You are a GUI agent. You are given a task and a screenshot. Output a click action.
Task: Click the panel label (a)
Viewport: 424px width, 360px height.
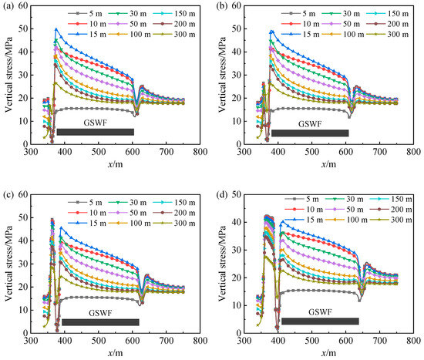pyautogui.click(x=8, y=6)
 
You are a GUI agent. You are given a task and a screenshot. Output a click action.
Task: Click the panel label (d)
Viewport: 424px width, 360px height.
pyautogui.click(x=222, y=195)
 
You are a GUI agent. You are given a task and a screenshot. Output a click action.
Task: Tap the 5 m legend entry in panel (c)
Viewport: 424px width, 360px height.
pyautogui.click(x=85, y=202)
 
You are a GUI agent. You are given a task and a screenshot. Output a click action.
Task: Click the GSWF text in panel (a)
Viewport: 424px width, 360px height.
pyautogui.click(x=95, y=123)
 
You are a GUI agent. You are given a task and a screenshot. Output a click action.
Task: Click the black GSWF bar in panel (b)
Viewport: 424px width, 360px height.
pyautogui.click(x=310, y=133)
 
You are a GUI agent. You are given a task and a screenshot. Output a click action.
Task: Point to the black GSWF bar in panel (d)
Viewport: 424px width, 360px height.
pyautogui.click(x=320, y=321)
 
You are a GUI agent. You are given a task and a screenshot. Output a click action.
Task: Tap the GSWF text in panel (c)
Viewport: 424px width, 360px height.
pyautogui.click(x=100, y=313)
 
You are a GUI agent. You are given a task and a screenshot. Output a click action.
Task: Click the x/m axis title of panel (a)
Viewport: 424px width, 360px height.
pyautogui.click(x=115, y=164)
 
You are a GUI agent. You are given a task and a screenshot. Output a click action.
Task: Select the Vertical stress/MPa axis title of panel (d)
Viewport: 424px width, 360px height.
pyautogui.click(x=222, y=264)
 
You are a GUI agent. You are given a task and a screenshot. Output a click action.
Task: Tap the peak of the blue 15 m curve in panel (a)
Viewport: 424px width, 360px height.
pyautogui.click(x=56, y=29)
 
